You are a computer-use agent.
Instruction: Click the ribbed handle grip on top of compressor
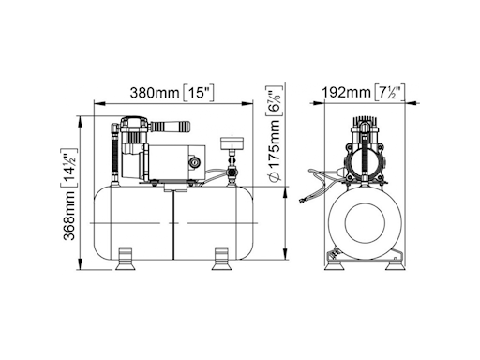pyautogui.click(x=171, y=128)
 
